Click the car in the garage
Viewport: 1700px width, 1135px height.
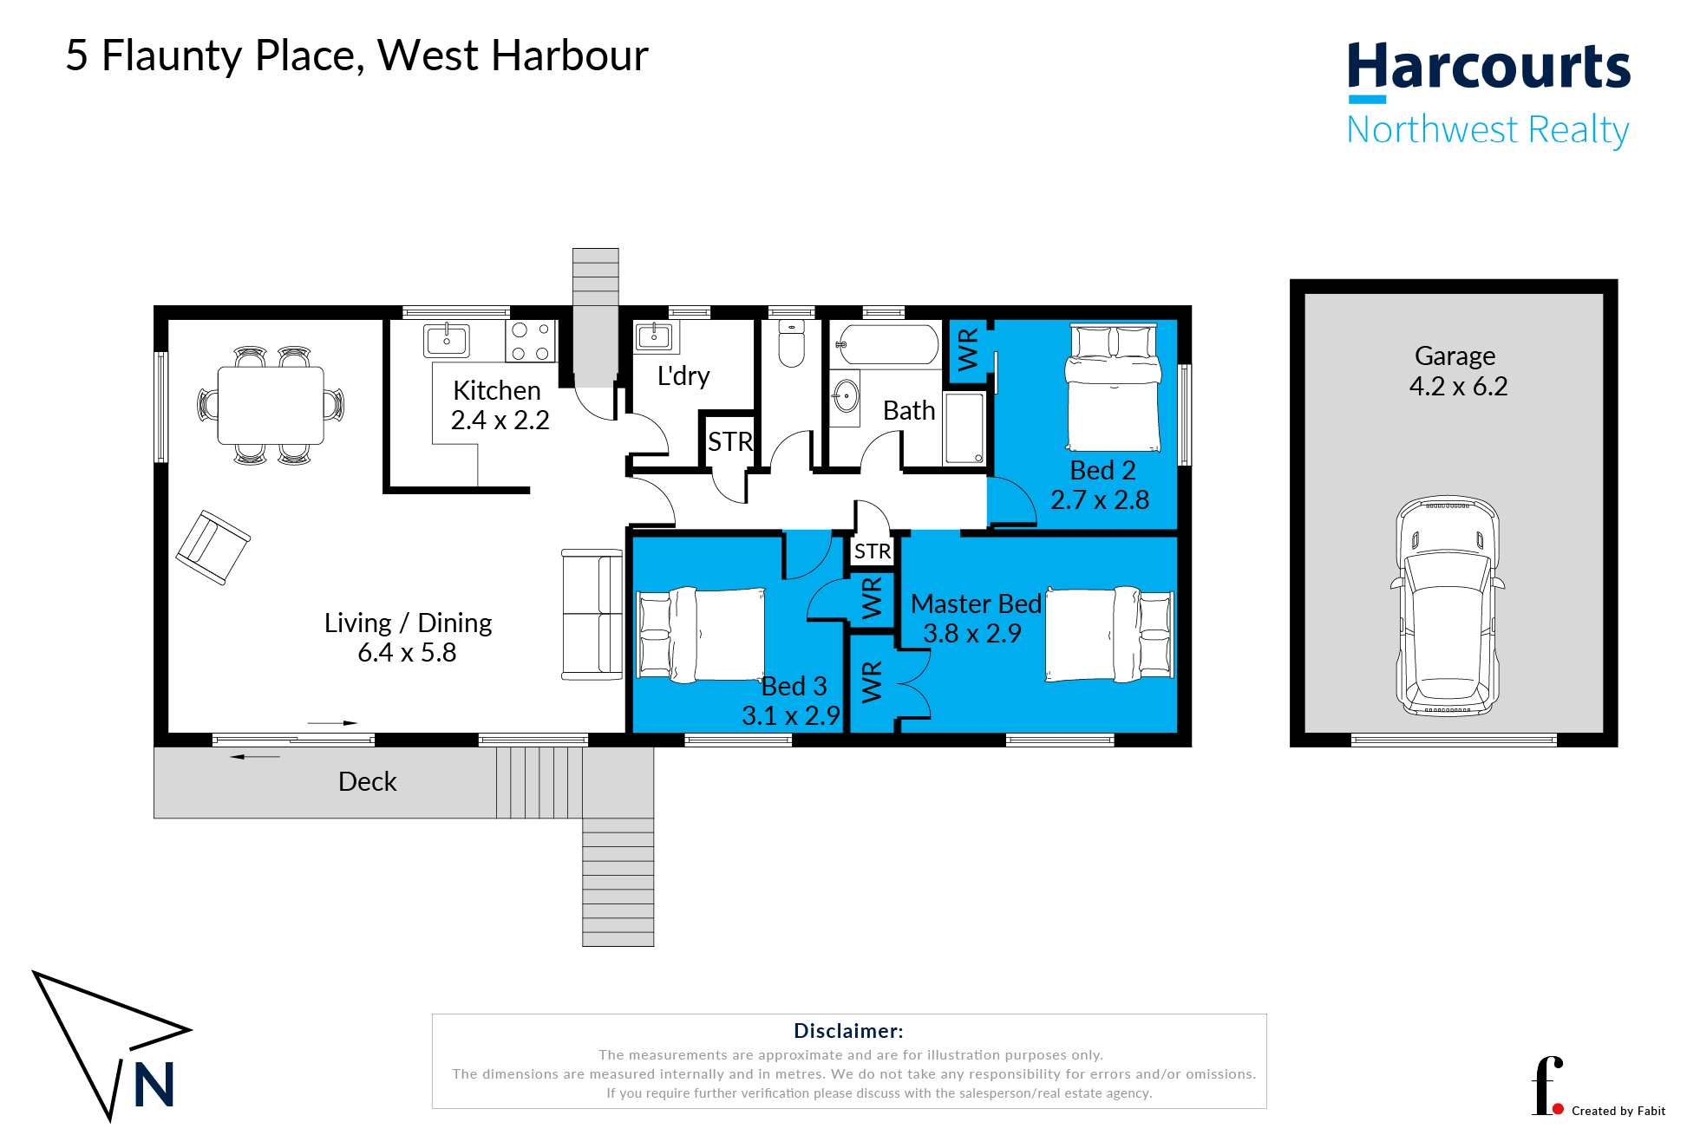pos(1448,607)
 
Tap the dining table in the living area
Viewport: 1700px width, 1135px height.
pos(271,405)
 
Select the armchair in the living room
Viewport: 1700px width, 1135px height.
pos(212,547)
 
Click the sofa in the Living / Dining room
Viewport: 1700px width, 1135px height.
pos(592,614)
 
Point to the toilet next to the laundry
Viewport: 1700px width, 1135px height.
pos(792,342)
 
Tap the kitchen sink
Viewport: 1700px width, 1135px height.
pos(447,340)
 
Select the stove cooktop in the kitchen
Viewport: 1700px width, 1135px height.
pos(531,341)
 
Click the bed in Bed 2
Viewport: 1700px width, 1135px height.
pos(1114,388)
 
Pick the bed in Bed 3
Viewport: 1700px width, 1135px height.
pos(701,634)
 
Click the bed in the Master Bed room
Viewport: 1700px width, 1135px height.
pos(1110,634)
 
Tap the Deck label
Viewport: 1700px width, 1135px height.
pos(367,782)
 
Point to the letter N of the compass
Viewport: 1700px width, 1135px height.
pos(154,1085)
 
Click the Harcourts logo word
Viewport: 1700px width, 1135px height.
pos(1488,68)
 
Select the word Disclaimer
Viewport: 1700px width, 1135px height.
pos(848,1031)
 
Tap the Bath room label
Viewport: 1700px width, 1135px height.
pos(909,410)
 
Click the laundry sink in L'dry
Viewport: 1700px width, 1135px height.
pos(655,336)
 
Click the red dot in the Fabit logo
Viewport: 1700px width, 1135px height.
pos(1558,1109)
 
